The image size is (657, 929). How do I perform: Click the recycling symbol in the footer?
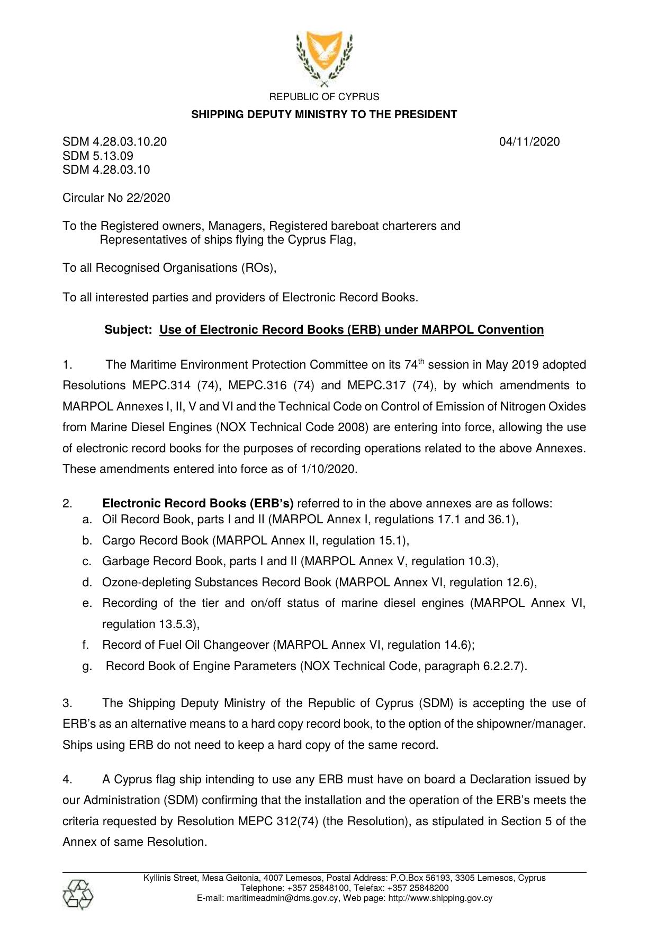(x=77, y=895)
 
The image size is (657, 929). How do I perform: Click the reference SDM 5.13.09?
(x=98, y=156)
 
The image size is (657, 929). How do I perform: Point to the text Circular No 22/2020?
(x=116, y=198)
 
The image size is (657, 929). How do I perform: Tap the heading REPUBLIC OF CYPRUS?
(x=324, y=97)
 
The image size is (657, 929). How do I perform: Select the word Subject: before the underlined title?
(x=129, y=330)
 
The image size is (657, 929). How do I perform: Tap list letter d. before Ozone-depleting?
(x=87, y=583)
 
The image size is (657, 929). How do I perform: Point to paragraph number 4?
(x=67, y=780)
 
